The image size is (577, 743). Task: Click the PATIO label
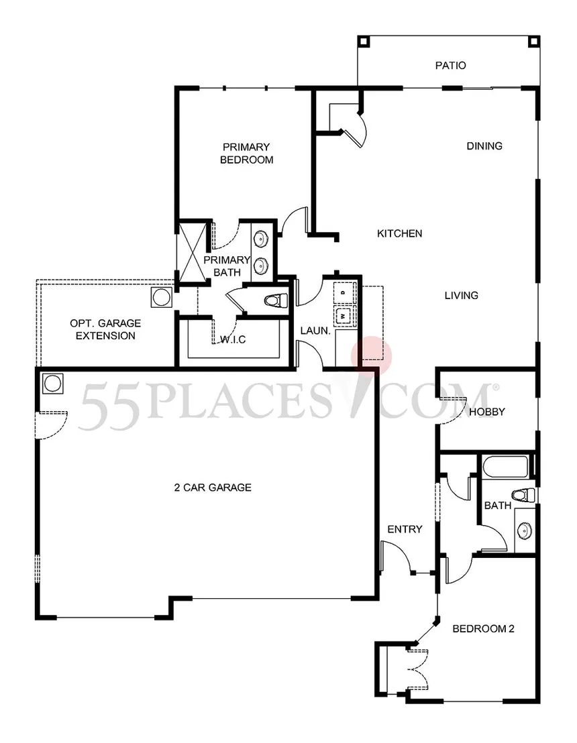[x=450, y=66]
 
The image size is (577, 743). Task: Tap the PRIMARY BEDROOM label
[x=246, y=153]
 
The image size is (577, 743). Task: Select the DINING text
[x=484, y=146]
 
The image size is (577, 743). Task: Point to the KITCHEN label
[x=399, y=233]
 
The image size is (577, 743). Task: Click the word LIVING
[x=461, y=295]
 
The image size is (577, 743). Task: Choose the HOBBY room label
[x=486, y=412]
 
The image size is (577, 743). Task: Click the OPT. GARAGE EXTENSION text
[x=105, y=329]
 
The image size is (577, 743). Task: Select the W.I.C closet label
[x=233, y=340]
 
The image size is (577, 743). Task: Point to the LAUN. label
[x=313, y=331]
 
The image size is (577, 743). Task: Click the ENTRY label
[x=405, y=529]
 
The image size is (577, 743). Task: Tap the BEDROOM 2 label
[x=483, y=629]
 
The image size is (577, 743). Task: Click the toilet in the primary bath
[x=274, y=300]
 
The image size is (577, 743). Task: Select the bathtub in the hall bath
[x=505, y=467]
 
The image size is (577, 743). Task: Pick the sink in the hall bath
[x=524, y=530]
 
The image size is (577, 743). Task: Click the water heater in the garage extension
[x=162, y=297]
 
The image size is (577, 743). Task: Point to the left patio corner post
[x=363, y=40]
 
